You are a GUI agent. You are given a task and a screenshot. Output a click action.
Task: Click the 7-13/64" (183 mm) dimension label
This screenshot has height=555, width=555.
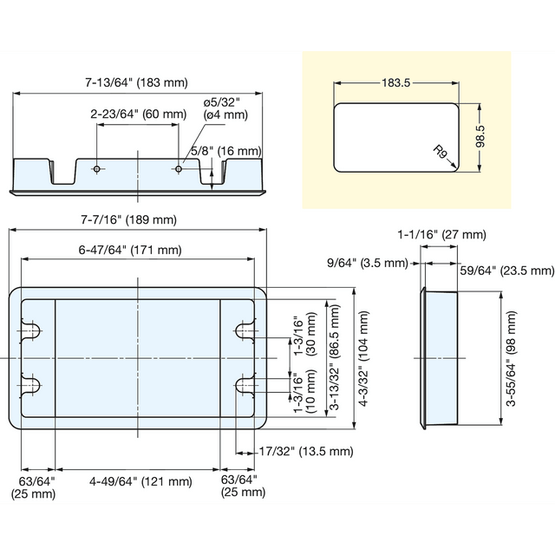(x=136, y=82)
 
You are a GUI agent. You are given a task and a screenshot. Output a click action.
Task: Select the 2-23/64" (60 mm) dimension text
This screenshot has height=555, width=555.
(x=139, y=114)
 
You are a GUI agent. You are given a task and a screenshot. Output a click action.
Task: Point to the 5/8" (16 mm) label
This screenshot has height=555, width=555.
(x=225, y=151)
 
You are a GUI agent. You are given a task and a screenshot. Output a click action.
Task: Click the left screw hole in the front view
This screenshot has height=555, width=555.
(x=97, y=169)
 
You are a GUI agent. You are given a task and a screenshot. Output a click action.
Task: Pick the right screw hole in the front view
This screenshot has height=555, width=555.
(x=179, y=169)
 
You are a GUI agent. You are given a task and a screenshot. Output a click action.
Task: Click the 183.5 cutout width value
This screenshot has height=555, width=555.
(x=395, y=83)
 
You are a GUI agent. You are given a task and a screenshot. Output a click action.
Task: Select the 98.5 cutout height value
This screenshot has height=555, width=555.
(x=480, y=136)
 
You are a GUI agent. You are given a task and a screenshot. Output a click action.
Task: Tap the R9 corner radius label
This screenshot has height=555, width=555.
(x=440, y=152)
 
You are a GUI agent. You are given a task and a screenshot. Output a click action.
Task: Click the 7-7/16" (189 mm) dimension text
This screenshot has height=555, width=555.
(x=129, y=219)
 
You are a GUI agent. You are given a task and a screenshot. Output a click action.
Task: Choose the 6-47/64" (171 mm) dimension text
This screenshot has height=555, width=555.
(x=130, y=251)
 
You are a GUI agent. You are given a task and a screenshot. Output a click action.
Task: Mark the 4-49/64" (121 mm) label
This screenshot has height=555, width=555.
(x=140, y=481)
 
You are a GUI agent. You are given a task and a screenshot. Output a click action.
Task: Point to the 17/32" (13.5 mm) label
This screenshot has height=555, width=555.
(x=306, y=451)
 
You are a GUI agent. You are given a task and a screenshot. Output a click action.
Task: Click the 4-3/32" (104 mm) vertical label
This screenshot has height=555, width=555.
(x=363, y=358)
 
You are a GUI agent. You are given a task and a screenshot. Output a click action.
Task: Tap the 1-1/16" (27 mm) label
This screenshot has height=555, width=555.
(x=441, y=234)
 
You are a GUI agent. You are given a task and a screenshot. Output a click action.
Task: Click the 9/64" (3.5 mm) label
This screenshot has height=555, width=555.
(x=368, y=263)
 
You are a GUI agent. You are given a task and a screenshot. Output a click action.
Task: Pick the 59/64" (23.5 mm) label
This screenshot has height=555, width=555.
(x=507, y=271)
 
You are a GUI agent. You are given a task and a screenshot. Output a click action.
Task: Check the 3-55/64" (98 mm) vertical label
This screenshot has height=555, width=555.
(x=511, y=358)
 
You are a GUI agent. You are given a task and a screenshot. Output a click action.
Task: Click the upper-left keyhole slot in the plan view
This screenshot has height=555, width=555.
(x=30, y=331)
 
